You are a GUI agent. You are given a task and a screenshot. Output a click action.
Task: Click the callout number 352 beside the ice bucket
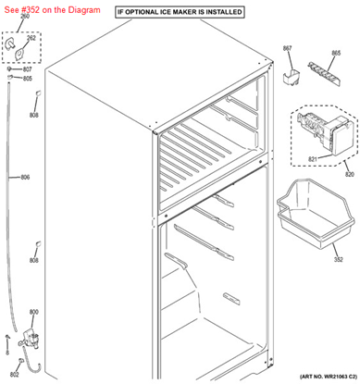click(339, 259)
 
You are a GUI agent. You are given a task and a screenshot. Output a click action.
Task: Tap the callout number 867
click(287, 48)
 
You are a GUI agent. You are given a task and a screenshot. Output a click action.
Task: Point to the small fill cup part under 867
click(292, 78)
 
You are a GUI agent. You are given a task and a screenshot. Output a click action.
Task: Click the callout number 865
click(336, 53)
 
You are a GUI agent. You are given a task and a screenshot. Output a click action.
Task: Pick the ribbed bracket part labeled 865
click(323, 74)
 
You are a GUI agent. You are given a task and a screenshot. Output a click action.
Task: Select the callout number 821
click(313, 159)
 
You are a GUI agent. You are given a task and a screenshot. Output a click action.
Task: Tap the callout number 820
click(350, 174)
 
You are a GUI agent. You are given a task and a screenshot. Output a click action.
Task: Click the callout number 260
click(25, 16)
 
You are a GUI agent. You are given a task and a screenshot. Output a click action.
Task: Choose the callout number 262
click(31, 38)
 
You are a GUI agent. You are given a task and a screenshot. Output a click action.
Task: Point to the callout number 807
click(27, 69)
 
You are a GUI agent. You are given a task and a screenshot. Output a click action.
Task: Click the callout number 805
click(28, 79)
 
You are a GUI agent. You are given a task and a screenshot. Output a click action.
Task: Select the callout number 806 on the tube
click(25, 178)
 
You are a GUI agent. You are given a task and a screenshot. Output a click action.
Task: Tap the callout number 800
click(34, 312)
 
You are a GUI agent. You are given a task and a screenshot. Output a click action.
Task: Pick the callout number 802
click(14, 375)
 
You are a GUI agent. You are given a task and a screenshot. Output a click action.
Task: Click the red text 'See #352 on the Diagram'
click(52, 10)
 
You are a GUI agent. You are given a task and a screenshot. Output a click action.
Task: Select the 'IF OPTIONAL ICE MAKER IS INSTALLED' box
click(180, 12)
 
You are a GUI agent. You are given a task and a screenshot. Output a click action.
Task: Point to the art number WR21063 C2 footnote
click(329, 377)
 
